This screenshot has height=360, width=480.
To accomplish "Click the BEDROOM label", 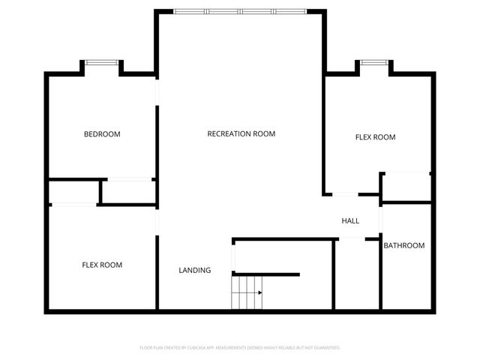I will (102, 134).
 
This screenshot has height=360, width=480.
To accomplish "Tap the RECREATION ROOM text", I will (241, 133).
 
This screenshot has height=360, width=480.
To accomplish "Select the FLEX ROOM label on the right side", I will (374, 137).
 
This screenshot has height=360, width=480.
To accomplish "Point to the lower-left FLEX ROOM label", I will (102, 265).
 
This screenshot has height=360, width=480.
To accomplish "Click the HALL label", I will (350, 221).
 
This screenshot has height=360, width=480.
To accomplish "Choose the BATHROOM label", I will (404, 245).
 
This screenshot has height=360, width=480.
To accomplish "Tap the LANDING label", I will (194, 270).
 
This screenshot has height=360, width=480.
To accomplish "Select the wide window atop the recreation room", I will (241, 11).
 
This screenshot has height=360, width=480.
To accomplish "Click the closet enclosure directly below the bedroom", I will (127, 192).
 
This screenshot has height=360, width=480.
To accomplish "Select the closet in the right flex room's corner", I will (406, 187).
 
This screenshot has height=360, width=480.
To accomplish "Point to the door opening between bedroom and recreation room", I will (157, 90).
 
